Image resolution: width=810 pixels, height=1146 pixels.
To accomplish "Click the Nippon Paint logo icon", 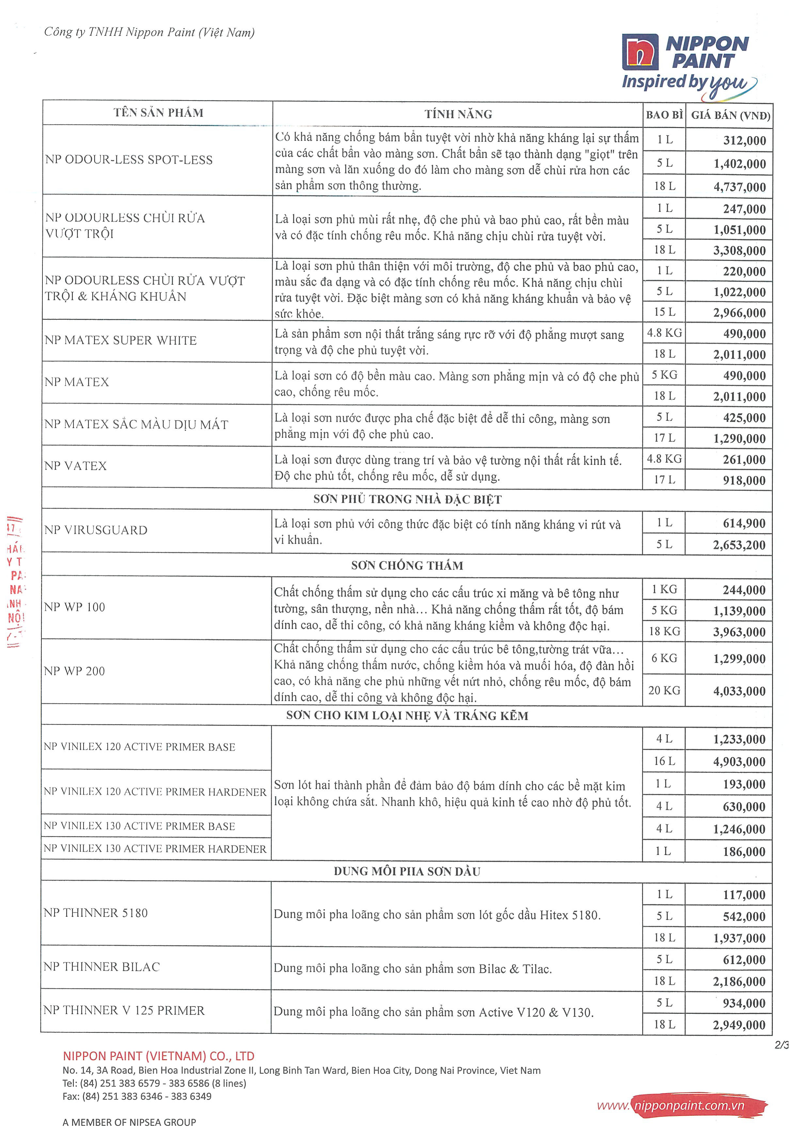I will pos(640,52).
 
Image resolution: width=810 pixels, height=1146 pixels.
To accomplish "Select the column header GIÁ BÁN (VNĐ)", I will pos(730,115).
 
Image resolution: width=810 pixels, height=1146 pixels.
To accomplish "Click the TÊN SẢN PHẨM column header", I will pos(158,113).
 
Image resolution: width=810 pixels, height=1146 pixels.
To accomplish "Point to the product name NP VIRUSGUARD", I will pos(96,530).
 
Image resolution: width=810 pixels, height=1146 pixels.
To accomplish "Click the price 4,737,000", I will pos(739,187).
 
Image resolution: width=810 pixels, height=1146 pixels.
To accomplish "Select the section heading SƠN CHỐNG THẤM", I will pos(407,566).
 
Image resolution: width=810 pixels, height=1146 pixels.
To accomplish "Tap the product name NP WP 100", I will pos(74,607).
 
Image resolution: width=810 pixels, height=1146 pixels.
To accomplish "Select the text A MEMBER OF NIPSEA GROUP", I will pos(129,1122).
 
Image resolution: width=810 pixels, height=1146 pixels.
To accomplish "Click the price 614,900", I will pos(744,524).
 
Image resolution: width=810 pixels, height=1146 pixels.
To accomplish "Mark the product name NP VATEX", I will pos(75,466).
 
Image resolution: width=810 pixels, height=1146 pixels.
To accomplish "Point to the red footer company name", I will pos(158,1056).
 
